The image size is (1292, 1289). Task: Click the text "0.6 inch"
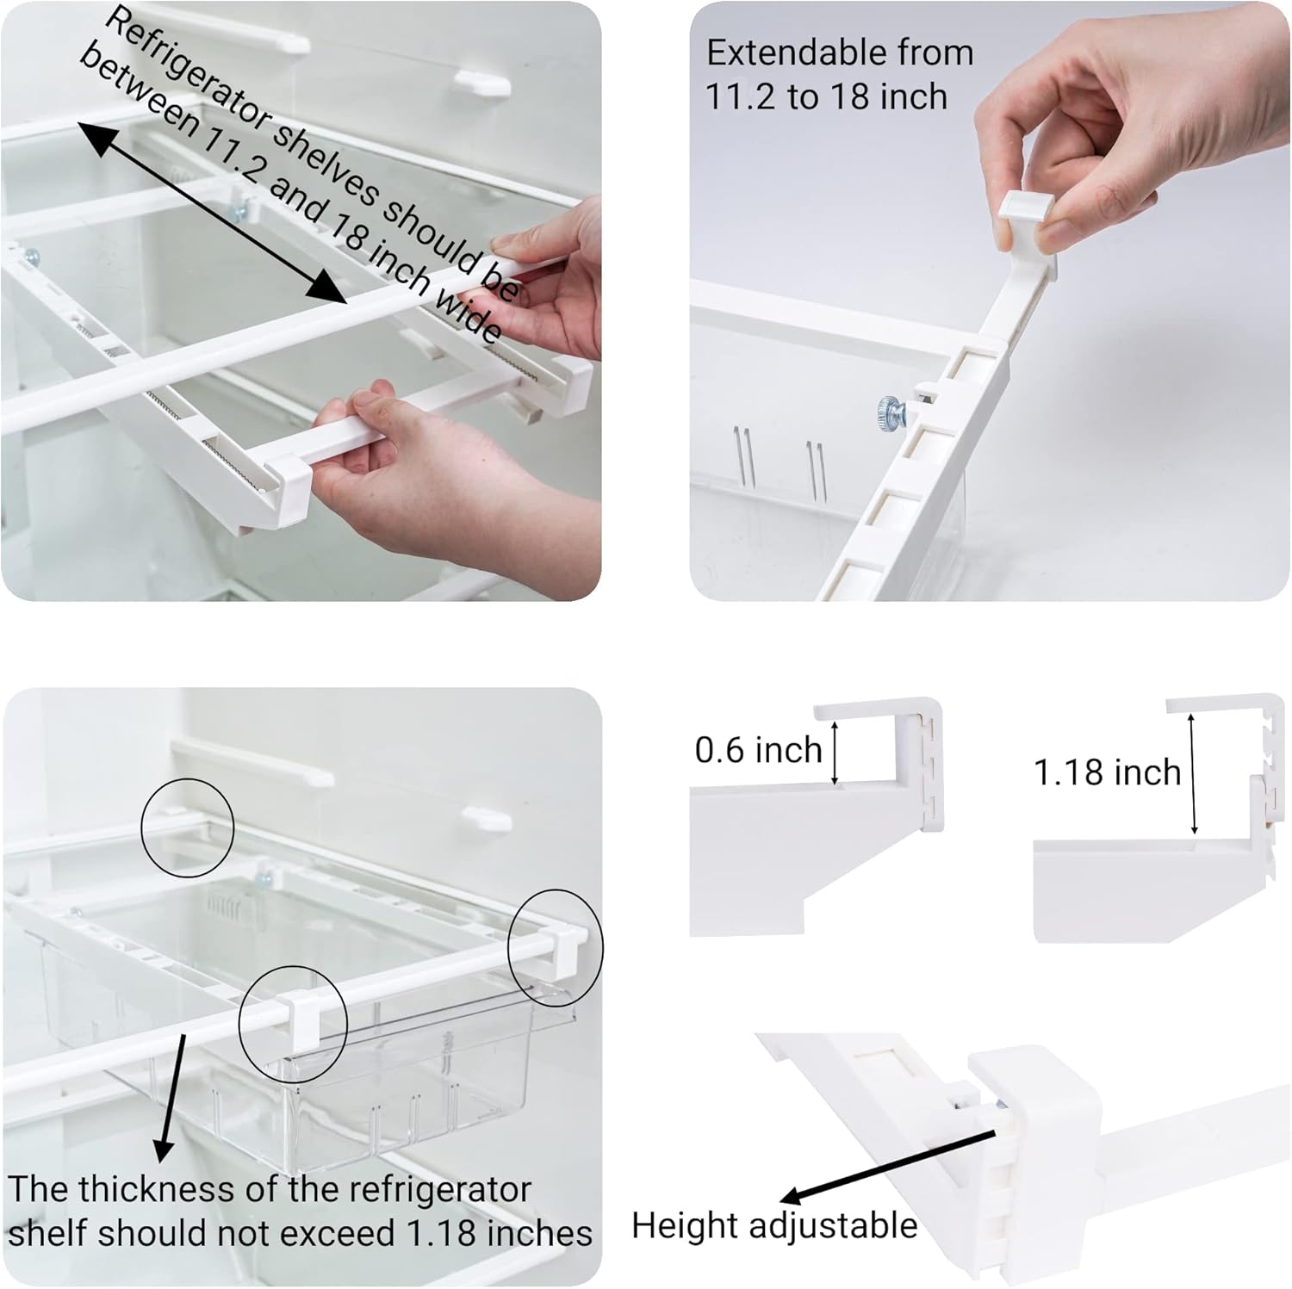pyautogui.click(x=758, y=750)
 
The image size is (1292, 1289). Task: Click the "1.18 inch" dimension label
pyautogui.click(x=1107, y=772)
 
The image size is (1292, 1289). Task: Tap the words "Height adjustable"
pyautogui.click(x=774, y=1224)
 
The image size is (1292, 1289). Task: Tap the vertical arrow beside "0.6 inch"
pyautogui.click(x=834, y=753)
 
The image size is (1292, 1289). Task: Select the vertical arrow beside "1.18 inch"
pyautogui.click(x=1193, y=774)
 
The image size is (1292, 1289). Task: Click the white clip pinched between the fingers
pyautogui.click(x=1027, y=223)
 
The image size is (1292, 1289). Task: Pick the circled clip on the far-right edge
pyautogui.click(x=556, y=948)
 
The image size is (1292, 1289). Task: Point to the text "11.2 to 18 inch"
pyautogui.click(x=826, y=96)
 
